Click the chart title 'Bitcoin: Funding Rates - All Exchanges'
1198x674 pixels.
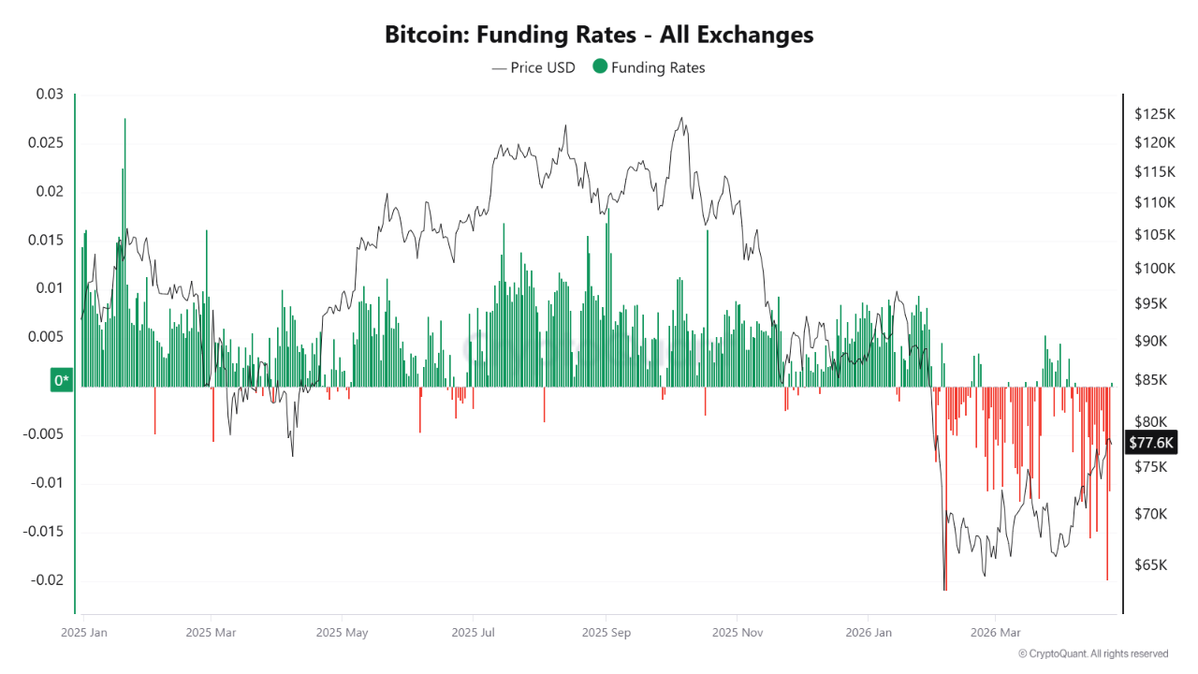click(599, 35)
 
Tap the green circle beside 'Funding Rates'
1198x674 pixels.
click(600, 66)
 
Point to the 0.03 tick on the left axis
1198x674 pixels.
click(49, 95)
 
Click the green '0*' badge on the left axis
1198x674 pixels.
click(62, 380)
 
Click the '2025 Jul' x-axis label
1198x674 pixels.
click(474, 632)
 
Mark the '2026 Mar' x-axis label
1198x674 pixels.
click(996, 632)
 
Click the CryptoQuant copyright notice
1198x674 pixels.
click(1092, 653)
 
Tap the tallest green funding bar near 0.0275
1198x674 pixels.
click(124, 187)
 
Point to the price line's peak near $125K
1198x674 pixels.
click(681, 118)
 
